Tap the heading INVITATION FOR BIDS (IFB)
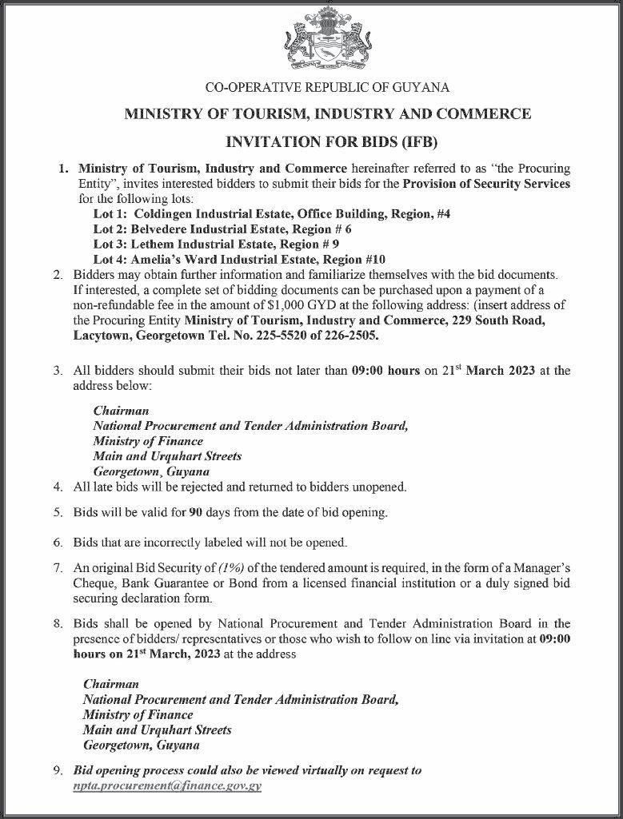click(x=327, y=143)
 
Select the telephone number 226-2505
click(x=353, y=336)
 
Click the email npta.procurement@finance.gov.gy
click(x=167, y=785)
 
